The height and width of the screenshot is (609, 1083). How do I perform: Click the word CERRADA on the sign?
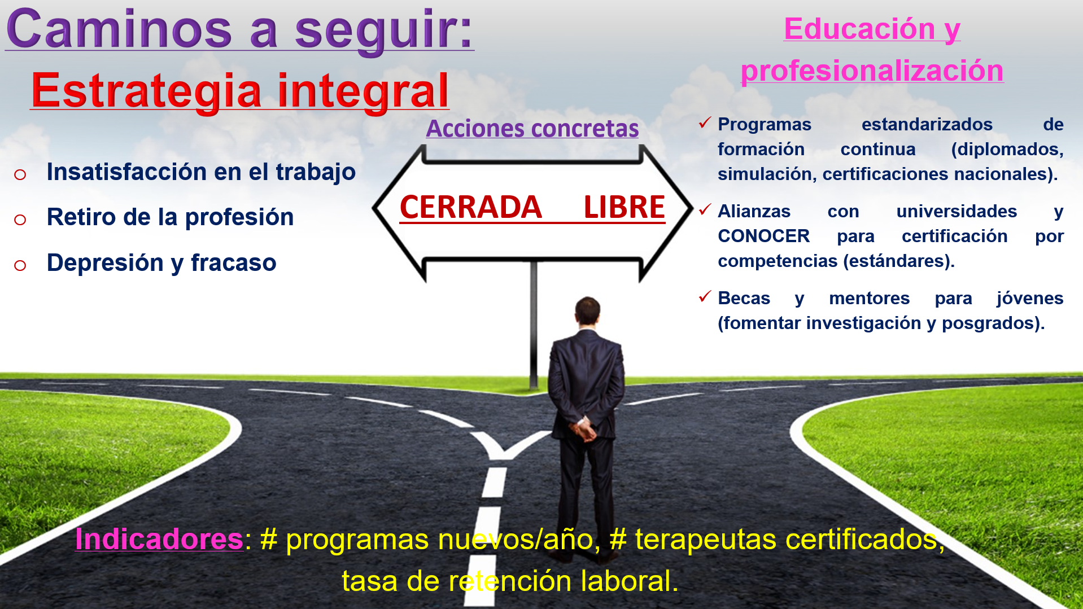click(471, 207)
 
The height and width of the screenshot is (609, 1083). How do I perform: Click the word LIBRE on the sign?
click(625, 207)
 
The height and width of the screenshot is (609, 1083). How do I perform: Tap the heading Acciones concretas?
click(532, 129)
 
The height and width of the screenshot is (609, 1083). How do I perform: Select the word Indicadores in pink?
click(159, 539)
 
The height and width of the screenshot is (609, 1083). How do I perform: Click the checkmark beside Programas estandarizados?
click(705, 122)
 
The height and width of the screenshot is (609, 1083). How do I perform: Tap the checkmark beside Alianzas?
click(705, 209)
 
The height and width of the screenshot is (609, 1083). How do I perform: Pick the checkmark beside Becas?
click(705, 296)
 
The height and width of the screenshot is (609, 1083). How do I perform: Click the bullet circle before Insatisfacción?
click(20, 175)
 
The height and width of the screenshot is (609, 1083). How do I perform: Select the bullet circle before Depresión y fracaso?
click(20, 265)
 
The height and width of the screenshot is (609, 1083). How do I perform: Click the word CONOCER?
click(764, 236)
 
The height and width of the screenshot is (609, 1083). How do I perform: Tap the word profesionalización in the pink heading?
click(872, 72)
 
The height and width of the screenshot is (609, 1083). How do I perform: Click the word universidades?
click(957, 211)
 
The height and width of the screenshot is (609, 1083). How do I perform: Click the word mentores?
click(870, 298)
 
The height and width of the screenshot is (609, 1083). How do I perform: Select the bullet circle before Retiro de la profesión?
click(20, 220)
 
